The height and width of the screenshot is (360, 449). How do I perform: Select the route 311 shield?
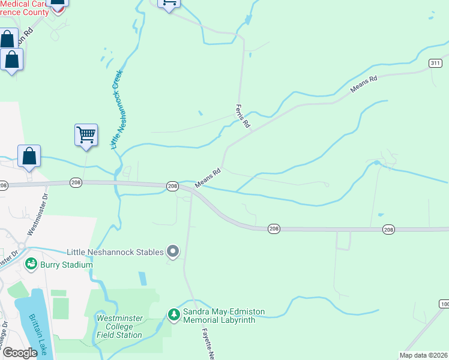coord(435,63)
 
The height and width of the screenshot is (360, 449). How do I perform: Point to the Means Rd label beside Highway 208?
coord(208,176)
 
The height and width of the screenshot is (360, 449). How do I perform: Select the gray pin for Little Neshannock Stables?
coord(173,251)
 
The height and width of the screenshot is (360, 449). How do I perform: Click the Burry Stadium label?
coord(66,265)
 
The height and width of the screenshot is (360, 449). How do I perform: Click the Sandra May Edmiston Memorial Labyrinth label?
coord(220,316)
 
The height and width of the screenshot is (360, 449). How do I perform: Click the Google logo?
coord(19,352)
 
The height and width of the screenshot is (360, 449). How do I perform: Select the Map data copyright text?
coord(423,355)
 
